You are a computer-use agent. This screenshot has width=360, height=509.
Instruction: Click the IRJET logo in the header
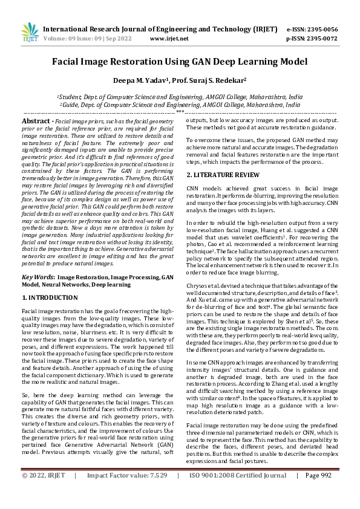30,33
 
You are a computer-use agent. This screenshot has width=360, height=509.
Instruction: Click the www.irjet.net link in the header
169,38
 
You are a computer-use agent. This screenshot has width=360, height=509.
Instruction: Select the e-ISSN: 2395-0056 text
312,29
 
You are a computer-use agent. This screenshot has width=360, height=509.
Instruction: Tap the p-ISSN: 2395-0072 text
312,38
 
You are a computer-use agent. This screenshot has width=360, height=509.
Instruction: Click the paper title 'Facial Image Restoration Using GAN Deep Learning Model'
180,61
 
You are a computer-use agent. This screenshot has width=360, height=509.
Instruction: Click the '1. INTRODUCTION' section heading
49,298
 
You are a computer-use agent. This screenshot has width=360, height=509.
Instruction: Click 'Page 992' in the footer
319,492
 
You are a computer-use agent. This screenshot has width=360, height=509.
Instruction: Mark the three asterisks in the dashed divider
180,112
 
